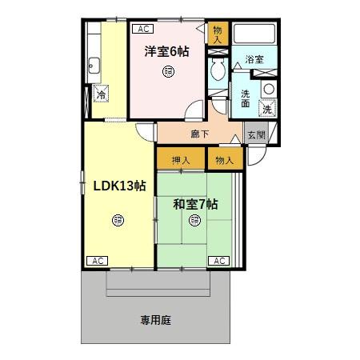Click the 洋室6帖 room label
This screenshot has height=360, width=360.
pos(166,52)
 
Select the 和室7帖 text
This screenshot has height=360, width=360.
pos(195,203)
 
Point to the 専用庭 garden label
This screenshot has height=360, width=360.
pos(156,320)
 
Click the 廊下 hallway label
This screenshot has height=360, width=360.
pos(200,134)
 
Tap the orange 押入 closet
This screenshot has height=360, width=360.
pos(180,160)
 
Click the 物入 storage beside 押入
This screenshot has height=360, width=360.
pos(224,160)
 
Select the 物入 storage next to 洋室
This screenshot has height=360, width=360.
pos(218,34)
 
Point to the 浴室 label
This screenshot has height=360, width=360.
pos(254,60)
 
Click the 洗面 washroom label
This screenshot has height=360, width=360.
pos(246,97)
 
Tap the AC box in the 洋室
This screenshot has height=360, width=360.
pos(143,29)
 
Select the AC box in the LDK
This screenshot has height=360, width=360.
pos(97,261)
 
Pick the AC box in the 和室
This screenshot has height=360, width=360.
pos(218,261)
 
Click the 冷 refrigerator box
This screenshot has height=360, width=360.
pos(102,94)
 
